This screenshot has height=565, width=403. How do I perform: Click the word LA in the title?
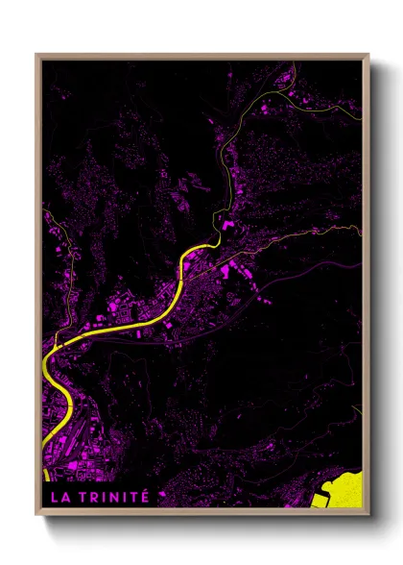(x=58, y=497)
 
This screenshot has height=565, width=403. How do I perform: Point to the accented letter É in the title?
(x=145, y=496)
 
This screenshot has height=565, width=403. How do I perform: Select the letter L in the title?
(x=53, y=497)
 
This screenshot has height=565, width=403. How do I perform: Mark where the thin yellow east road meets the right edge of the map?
(x=361, y=228)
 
